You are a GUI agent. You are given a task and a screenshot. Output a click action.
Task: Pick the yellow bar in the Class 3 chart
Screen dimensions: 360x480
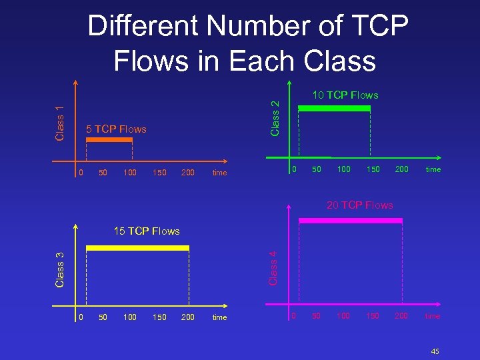(138, 248)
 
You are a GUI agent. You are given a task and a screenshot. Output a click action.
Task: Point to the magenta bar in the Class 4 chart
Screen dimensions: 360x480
(351, 219)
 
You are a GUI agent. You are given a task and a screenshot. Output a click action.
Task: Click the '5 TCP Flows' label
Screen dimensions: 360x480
(117, 129)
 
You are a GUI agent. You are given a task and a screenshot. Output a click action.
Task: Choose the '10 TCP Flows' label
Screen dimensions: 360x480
(345, 95)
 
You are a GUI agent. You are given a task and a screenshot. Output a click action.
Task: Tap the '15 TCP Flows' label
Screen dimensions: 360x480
(147, 231)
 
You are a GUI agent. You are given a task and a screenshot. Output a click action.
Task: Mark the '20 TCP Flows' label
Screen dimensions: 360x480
(360, 205)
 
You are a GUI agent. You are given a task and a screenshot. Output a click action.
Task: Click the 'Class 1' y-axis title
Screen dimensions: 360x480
(59, 123)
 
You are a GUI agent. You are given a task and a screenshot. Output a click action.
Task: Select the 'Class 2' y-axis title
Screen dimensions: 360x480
(275, 115)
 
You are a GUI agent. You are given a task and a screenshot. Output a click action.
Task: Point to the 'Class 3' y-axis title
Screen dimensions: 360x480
(59, 269)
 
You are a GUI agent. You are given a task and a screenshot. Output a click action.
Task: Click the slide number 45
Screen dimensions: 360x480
(435, 351)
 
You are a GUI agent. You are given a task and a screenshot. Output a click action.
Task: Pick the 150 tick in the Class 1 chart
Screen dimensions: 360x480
(159, 173)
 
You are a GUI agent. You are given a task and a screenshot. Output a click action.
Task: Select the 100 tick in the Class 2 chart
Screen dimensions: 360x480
(343, 169)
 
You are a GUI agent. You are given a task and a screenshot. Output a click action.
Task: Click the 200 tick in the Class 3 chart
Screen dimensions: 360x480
(188, 317)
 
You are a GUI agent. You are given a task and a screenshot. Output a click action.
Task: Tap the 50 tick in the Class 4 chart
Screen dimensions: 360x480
(317, 315)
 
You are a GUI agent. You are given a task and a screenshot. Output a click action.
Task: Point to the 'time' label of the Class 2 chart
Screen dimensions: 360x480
(433, 169)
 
